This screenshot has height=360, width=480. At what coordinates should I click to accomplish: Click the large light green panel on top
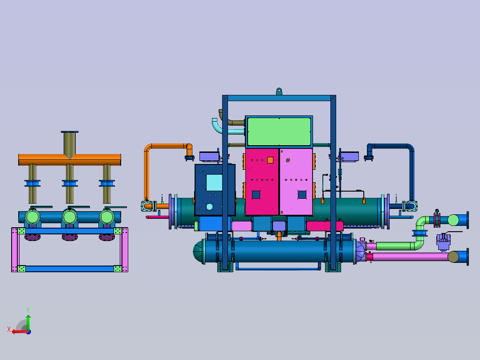[279, 132]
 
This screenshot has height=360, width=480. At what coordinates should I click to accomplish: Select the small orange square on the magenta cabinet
[270, 160]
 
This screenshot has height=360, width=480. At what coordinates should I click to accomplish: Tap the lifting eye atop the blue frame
[279, 92]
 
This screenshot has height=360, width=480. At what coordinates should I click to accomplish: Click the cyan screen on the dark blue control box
[214, 183]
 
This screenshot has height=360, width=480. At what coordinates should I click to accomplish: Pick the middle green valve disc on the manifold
[70, 217]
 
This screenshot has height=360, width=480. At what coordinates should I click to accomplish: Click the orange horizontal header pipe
[70, 160]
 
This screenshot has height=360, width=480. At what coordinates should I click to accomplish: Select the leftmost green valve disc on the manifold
[33, 217]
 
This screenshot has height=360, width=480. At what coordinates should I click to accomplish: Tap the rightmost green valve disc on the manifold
[107, 217]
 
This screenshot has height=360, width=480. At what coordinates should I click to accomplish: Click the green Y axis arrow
[28, 322]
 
